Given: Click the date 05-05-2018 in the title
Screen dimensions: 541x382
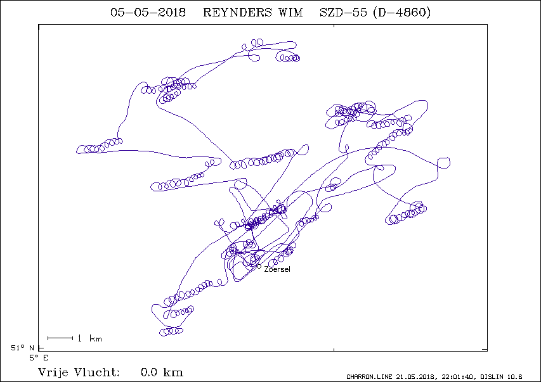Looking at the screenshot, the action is click(148, 13).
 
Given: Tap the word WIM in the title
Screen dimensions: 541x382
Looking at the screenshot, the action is click(290, 13).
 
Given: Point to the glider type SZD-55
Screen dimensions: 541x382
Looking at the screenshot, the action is click(343, 13).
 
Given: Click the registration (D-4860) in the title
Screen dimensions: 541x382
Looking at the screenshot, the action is click(402, 13).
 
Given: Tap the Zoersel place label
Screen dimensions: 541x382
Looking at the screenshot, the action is click(277, 269).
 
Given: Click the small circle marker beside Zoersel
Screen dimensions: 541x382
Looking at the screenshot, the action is click(259, 266).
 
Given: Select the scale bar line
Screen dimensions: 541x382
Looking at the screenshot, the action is click(60, 338).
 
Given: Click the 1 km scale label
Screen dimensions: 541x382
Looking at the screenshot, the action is click(89, 338).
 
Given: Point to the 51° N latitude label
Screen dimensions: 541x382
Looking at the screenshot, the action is click(22, 348).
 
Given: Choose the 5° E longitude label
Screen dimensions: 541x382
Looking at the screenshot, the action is click(39, 358).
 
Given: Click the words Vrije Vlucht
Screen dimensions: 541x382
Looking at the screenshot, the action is click(79, 372).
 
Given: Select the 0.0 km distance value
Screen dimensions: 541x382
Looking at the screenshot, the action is click(162, 372).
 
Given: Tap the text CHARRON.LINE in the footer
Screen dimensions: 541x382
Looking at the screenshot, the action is click(369, 377).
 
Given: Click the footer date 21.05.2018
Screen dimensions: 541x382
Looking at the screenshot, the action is click(416, 377).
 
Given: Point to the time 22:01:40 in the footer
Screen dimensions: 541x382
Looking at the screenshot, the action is click(457, 377).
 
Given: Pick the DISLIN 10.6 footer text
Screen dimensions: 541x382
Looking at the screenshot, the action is click(501, 377).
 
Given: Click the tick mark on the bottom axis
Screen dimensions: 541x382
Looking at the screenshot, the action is click(334, 350).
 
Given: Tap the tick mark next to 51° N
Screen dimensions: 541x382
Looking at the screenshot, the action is click(41, 348).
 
